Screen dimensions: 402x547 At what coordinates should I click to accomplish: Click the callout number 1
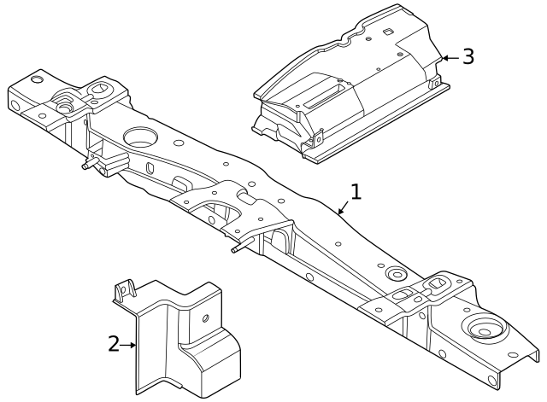pyautogui.click(x=356, y=191)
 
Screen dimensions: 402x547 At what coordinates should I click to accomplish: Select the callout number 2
pyautogui.click(x=114, y=344)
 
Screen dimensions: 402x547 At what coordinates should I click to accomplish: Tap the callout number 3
pyautogui.click(x=468, y=57)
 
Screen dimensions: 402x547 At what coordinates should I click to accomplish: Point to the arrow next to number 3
pyautogui.click(x=450, y=58)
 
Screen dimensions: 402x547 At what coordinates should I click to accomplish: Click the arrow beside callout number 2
pyautogui.click(x=130, y=345)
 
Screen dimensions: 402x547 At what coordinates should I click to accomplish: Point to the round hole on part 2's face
pyautogui.click(x=204, y=318)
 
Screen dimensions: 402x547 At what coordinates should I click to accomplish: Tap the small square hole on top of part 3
pyautogui.click(x=386, y=33)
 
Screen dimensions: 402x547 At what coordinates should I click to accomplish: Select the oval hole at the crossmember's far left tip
pyautogui.click(x=37, y=80)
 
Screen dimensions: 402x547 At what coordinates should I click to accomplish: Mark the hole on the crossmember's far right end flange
pyautogui.click(x=494, y=382)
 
